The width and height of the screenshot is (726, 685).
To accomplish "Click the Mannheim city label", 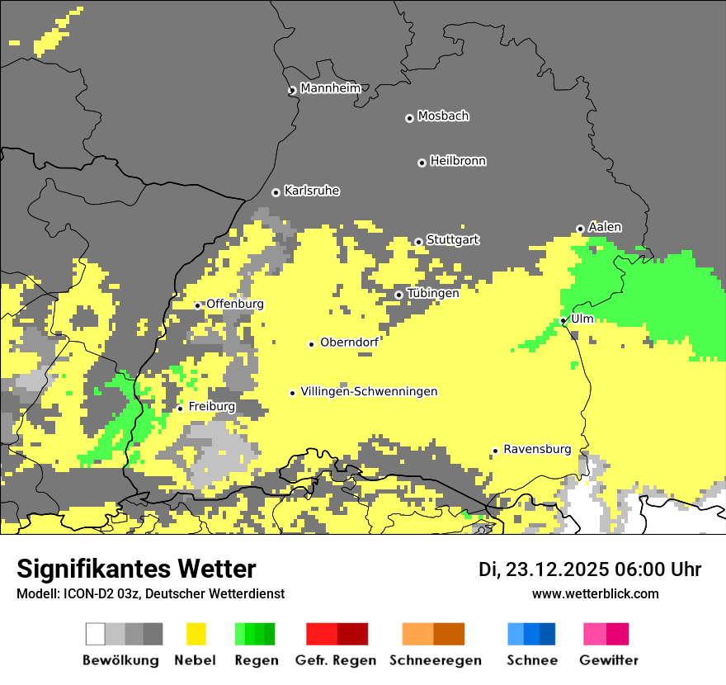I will (331, 88).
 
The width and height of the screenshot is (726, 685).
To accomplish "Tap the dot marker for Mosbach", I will (409, 118).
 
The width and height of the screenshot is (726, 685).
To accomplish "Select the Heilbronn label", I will (458, 161).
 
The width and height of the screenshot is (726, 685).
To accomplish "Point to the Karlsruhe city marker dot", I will (276, 192).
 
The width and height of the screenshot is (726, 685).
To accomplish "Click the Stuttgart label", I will (453, 239).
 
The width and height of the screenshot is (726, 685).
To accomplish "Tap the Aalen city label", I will (605, 227).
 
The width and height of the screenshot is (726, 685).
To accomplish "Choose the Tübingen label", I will (433, 293).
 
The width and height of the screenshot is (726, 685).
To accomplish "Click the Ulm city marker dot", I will (563, 320).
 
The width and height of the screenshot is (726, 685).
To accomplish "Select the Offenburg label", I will (235, 304).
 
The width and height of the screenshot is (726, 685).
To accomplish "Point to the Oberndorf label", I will (349, 342).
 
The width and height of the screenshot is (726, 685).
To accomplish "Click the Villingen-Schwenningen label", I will (369, 391).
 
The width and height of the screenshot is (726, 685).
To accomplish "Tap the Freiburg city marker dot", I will (180, 409).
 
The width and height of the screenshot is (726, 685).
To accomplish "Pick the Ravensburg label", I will (537, 449).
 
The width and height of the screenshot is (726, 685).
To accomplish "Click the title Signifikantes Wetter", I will (136, 569).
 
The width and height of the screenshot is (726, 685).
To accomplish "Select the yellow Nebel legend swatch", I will (196, 634).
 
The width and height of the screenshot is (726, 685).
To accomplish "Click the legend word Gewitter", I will (609, 660).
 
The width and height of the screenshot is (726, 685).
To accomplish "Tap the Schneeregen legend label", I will (435, 660).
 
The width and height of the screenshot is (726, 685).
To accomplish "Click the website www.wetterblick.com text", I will (595, 593).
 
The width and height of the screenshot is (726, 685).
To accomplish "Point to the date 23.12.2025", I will (558, 569).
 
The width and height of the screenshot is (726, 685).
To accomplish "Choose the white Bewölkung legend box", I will (95, 634).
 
